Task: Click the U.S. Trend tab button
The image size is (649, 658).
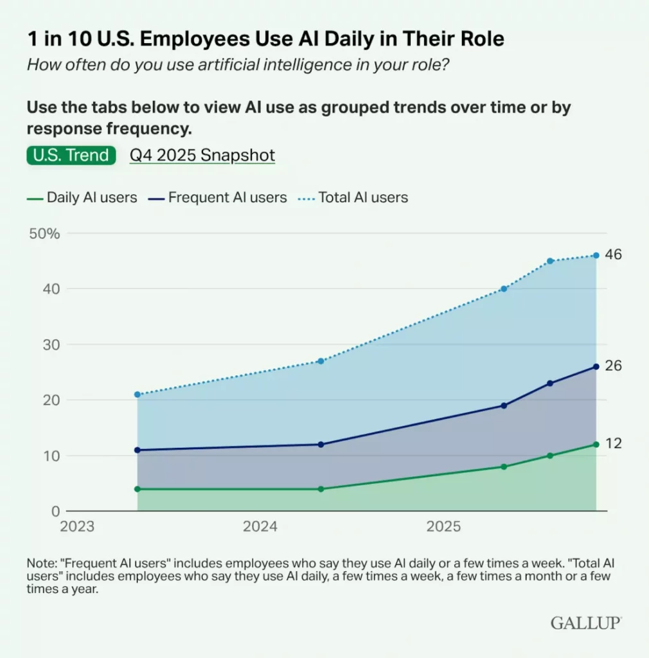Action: click(71, 156)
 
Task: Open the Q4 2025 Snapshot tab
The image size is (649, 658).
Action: click(202, 156)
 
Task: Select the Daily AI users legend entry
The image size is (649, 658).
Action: click(82, 198)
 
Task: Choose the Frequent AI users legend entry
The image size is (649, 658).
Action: click(218, 198)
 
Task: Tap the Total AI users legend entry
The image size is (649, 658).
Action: click(353, 198)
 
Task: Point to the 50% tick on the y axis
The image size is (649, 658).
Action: click(45, 233)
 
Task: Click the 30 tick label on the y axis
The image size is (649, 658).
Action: click(52, 344)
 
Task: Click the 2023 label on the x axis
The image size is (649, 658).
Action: click(76, 527)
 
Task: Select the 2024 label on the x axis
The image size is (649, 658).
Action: click(260, 527)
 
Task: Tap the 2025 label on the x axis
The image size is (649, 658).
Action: click(443, 527)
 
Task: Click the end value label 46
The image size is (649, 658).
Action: click(613, 255)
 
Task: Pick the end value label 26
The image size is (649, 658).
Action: click(613, 366)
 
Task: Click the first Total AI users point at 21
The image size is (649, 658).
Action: click(138, 394)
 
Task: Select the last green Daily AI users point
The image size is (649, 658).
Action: click(596, 444)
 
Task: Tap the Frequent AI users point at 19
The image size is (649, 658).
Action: click(504, 405)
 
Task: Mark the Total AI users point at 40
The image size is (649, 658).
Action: click(504, 289)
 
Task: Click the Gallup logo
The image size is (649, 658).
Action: click(586, 622)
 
